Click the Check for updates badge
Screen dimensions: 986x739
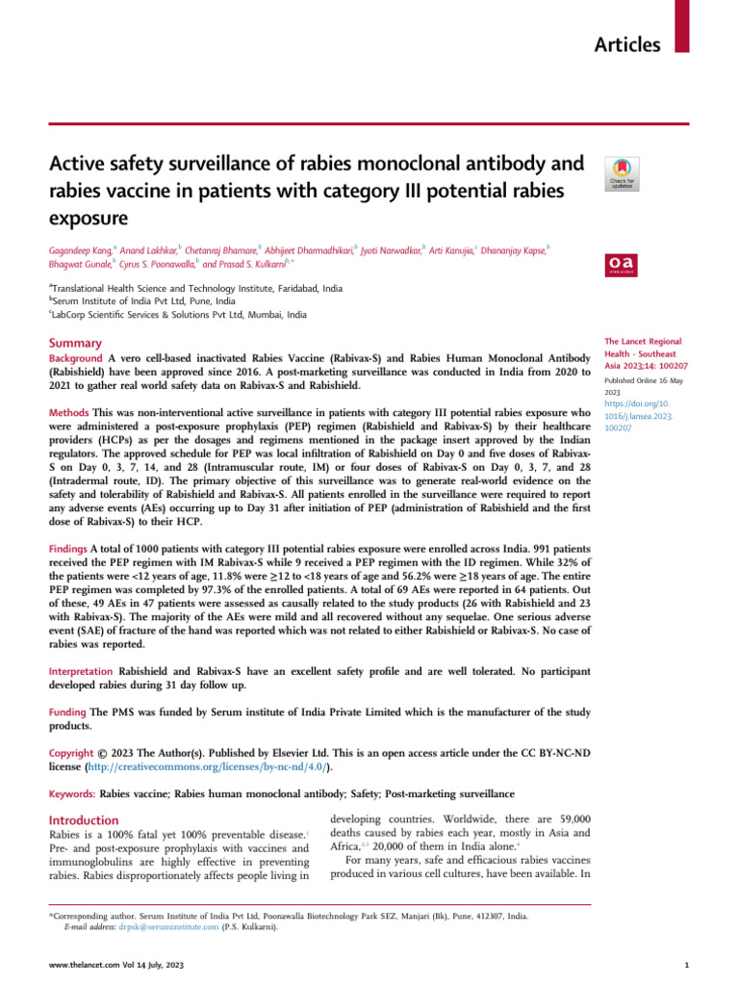pyautogui.click(x=621, y=172)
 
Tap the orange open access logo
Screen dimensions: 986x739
pyautogui.click(x=621, y=263)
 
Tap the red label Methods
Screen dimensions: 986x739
pyautogui.click(x=68, y=412)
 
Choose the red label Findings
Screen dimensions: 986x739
pyautogui.click(x=69, y=546)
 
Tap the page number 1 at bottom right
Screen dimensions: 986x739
pyautogui.click(x=684, y=965)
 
